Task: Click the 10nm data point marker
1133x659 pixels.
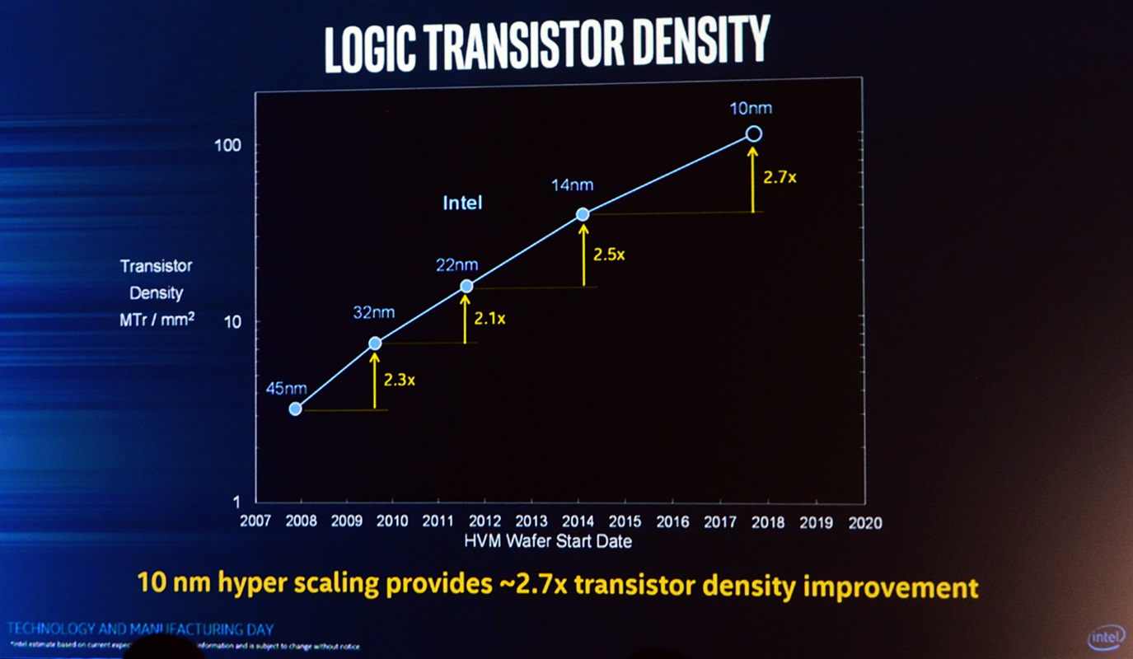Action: pyautogui.click(x=753, y=133)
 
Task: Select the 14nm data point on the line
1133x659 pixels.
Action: pyautogui.click(x=583, y=214)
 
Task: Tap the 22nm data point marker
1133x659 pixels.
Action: pyautogui.click(x=466, y=286)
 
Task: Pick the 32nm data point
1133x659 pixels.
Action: pyautogui.click(x=375, y=343)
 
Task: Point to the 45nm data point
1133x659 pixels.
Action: pyautogui.click(x=295, y=409)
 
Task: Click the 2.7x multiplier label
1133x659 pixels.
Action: pyautogui.click(x=780, y=176)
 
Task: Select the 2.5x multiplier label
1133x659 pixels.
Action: pyautogui.click(x=609, y=255)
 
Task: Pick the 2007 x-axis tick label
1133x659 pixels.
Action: pyautogui.click(x=255, y=522)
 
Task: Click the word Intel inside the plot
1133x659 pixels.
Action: pyautogui.click(x=462, y=202)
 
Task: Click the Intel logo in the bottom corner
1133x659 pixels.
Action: pyautogui.click(x=1107, y=638)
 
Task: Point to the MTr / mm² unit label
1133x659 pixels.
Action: pyautogui.click(x=157, y=318)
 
